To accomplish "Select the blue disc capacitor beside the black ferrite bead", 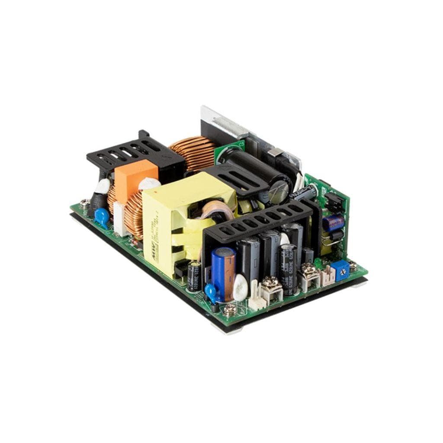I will pyautogui.click(x=102, y=217).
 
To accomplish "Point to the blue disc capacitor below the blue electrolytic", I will pyautogui.click(x=211, y=292).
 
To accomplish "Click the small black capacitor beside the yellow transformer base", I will pyautogui.click(x=193, y=276).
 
